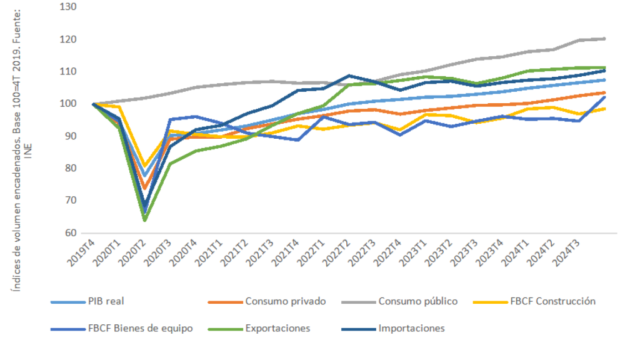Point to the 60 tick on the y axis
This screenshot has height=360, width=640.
(69, 233)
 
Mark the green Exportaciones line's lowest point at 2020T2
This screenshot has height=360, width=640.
(145, 220)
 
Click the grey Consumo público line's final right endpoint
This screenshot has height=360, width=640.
(604, 39)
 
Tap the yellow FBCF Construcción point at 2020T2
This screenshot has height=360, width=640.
(145, 166)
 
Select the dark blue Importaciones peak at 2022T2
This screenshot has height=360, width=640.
(349, 76)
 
